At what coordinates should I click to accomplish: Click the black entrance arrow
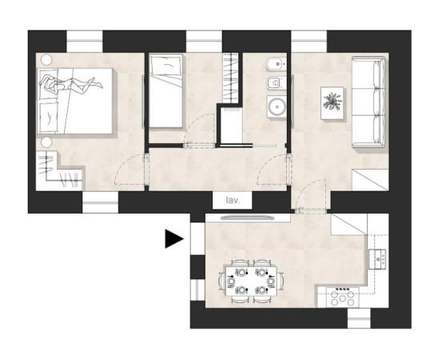173,238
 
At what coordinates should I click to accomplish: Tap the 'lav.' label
233,200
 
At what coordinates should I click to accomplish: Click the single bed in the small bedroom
165,90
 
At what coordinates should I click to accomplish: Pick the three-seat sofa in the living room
368,102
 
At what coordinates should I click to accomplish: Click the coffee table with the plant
332,103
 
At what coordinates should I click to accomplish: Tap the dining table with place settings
251,282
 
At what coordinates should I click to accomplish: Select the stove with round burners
343,298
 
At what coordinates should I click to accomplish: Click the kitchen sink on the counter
377,259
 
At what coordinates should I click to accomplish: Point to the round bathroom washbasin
277,106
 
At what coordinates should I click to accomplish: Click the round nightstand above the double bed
47,59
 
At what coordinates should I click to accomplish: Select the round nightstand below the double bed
46,142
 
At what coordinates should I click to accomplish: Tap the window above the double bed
85,42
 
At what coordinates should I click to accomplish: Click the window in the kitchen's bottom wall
359,318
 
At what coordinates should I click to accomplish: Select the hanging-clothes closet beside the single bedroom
230,78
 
